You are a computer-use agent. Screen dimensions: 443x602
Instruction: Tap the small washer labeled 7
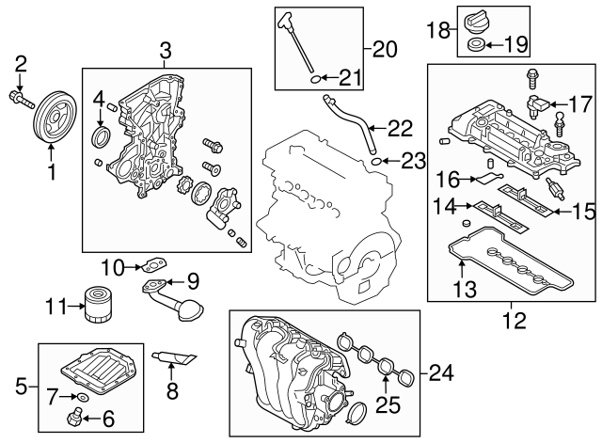point(82,400)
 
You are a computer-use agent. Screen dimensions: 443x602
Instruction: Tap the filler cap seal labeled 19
point(477,44)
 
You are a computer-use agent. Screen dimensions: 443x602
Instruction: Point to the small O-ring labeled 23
point(376,162)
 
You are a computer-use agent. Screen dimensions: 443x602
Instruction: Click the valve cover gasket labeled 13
point(508,264)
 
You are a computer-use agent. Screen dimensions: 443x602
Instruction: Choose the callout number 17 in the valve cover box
point(581,104)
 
